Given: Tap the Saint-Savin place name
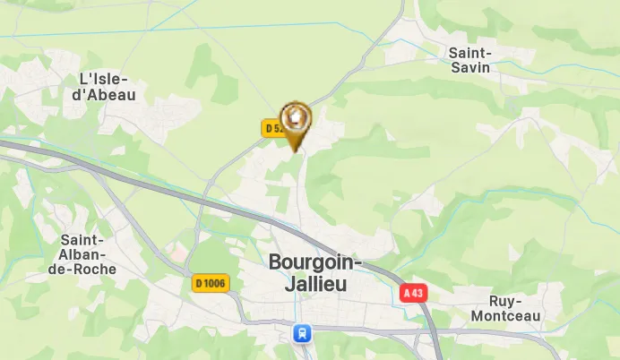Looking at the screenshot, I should pyautogui.click(x=469, y=60).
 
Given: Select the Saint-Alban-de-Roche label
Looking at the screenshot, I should pyautogui.click(x=82, y=254).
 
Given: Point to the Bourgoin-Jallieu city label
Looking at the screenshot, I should pyautogui.click(x=314, y=273).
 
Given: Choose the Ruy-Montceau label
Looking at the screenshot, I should pyautogui.click(x=505, y=308).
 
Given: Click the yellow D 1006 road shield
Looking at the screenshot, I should pyautogui.click(x=211, y=284).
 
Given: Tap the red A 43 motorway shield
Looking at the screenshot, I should pyautogui.click(x=412, y=293).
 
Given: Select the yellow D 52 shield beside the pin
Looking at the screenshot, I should pyautogui.click(x=273, y=128).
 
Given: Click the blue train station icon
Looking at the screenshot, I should pyautogui.click(x=303, y=333).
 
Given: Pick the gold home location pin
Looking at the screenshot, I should pyautogui.click(x=295, y=118).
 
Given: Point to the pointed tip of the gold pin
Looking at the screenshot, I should pyautogui.click(x=296, y=150).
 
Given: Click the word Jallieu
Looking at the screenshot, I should pyautogui.click(x=302, y=284).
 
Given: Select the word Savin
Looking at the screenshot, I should pyautogui.click(x=470, y=68).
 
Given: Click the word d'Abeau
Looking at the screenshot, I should pyautogui.click(x=105, y=94).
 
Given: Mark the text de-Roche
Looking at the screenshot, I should pyautogui.click(x=82, y=269).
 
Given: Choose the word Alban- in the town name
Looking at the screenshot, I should pyautogui.click(x=82, y=254).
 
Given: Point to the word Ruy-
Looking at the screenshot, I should pyautogui.click(x=505, y=301).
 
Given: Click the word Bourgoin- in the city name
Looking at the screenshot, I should pyautogui.click(x=314, y=263).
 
